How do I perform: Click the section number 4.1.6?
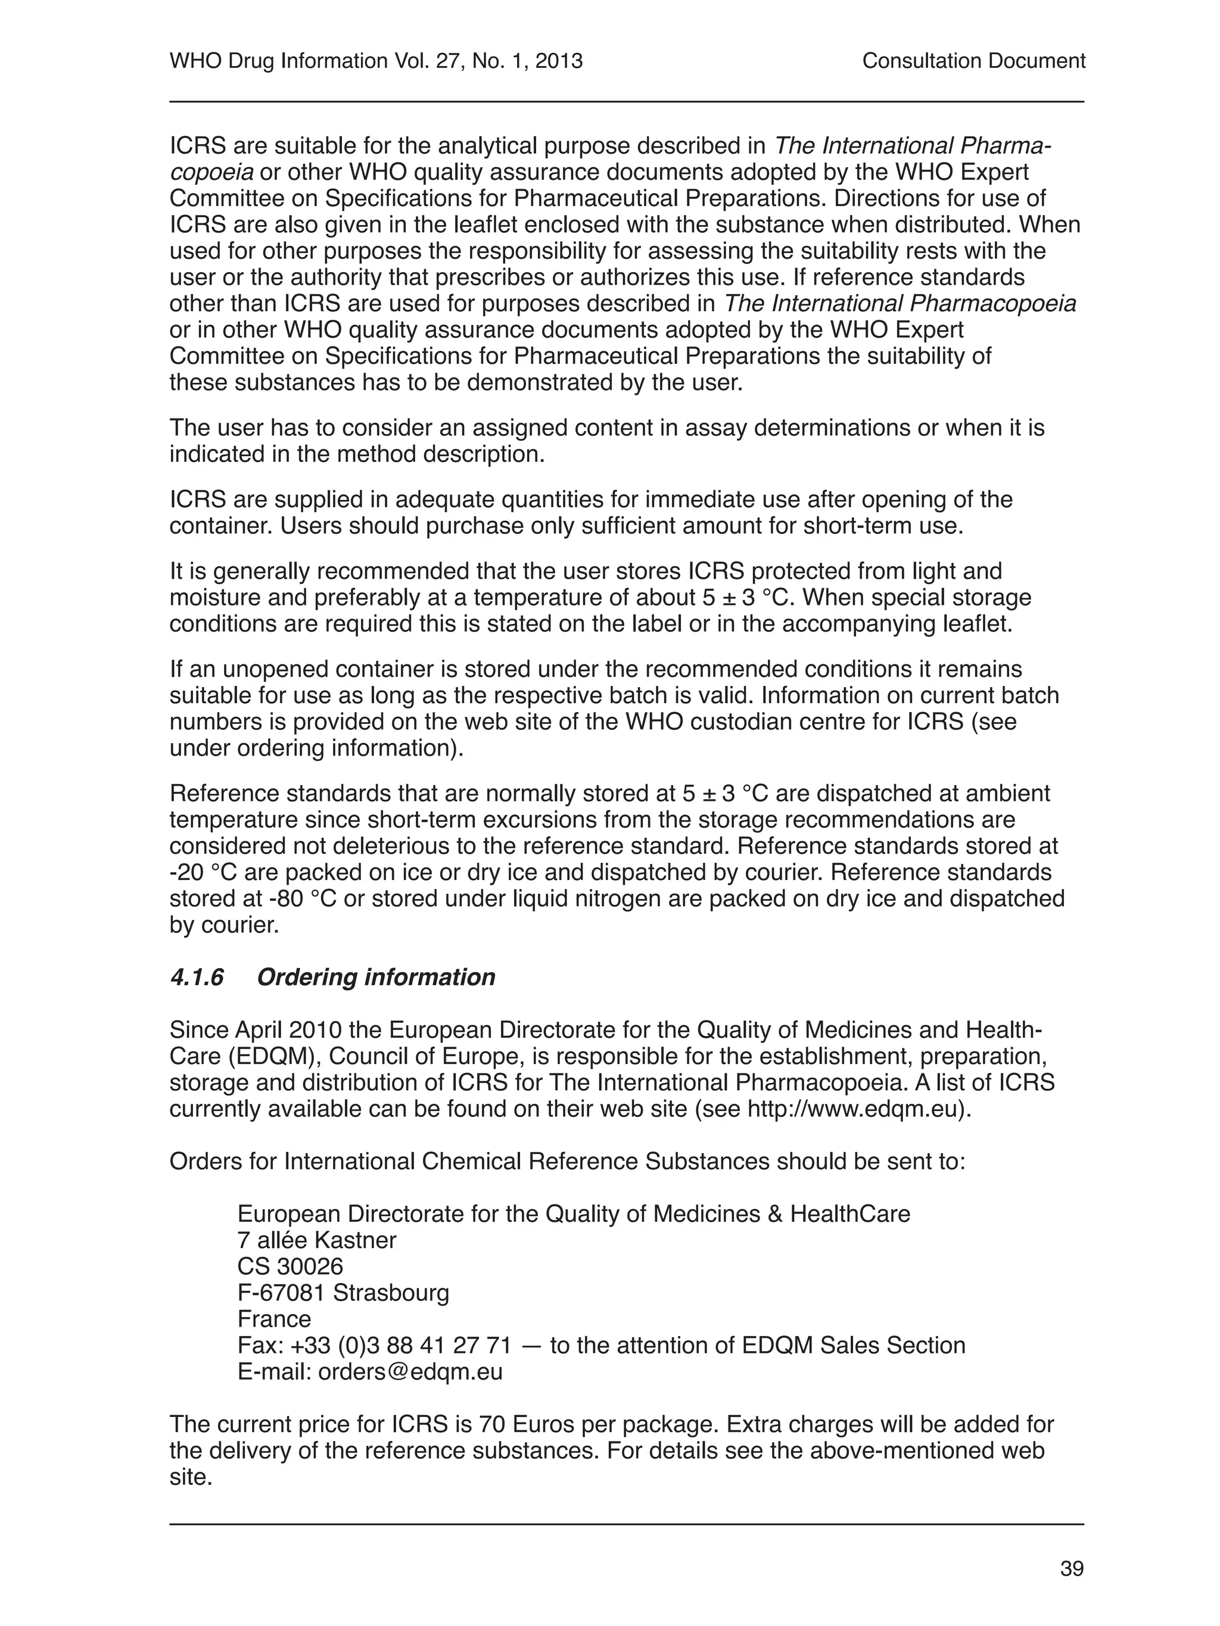pyautogui.click(x=197, y=977)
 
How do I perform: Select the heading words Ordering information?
pyautogui.click(x=376, y=977)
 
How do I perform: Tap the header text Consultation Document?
pyautogui.click(x=973, y=61)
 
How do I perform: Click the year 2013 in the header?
pyautogui.click(x=559, y=61)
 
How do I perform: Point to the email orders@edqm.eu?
pyautogui.click(x=410, y=1372)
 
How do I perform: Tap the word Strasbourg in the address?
pyautogui.click(x=391, y=1292)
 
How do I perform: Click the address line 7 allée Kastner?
pyautogui.click(x=316, y=1240)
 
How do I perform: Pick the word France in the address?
pyautogui.click(x=274, y=1319)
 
